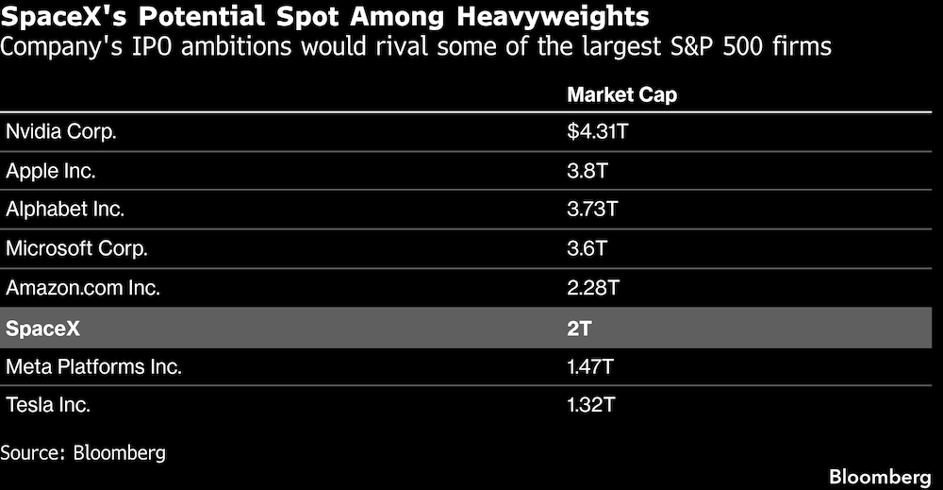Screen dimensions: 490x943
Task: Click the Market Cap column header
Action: [x=621, y=95]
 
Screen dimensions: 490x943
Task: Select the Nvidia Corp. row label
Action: [x=61, y=132]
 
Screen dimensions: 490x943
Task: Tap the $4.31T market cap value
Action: [x=598, y=132]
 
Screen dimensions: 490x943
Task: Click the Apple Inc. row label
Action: [x=51, y=171]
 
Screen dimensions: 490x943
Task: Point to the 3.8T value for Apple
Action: [x=587, y=171]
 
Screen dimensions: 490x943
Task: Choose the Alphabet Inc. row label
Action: [x=65, y=210]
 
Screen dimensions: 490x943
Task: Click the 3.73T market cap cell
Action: [x=593, y=210]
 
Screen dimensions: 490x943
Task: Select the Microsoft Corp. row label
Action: [x=76, y=249]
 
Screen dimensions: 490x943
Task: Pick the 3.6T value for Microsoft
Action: [x=587, y=249]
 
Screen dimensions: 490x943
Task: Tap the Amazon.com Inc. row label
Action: [x=83, y=288]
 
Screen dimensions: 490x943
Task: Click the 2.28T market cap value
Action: [x=593, y=288]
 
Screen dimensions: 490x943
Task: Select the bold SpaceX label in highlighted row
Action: [x=43, y=328]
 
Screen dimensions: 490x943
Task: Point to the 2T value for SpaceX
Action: [x=579, y=328]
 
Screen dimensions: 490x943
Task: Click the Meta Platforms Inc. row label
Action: [x=93, y=366]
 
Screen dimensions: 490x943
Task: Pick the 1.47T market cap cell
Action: [x=592, y=366]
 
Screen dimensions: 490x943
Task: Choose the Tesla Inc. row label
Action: [x=49, y=405]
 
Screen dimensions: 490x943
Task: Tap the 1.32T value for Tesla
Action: [x=592, y=405]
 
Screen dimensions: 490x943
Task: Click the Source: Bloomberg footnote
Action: [x=83, y=452]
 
